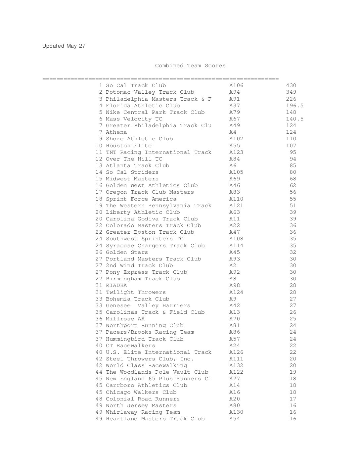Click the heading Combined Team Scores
(190, 66)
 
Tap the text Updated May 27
(64, 46)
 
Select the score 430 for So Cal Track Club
(291, 85)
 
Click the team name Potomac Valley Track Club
(150, 92)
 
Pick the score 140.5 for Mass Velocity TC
(294, 119)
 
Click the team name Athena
(116, 132)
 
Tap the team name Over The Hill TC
(134, 159)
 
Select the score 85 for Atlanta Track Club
(293, 165)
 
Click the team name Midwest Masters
(132, 179)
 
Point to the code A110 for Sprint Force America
(236, 199)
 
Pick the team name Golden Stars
(127, 252)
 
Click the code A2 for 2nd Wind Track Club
(233, 265)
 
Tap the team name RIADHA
(116, 285)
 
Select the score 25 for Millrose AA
(293, 319)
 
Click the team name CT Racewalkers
(130, 346)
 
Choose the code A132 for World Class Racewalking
(236, 365)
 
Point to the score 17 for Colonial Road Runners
(293, 399)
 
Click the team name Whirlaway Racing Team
(143, 412)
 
